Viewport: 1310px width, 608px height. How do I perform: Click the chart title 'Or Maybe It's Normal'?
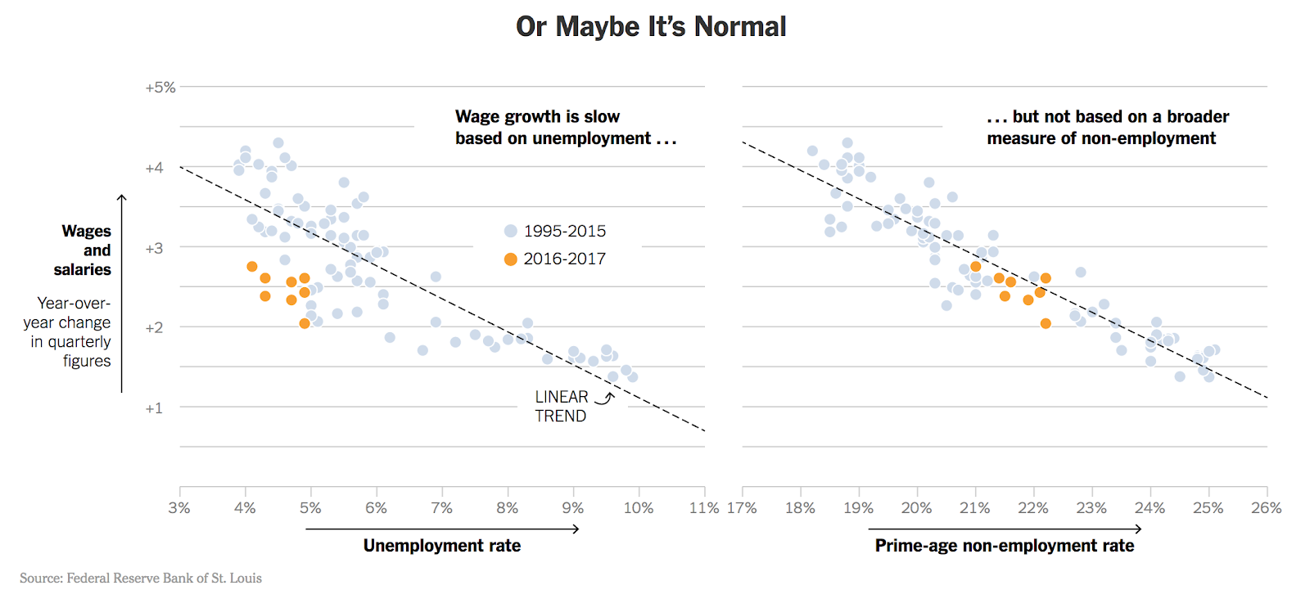651,27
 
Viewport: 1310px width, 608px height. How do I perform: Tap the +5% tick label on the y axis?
160,88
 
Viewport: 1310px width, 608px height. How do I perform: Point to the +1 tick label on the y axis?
154,408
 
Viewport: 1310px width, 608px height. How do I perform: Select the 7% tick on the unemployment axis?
441,508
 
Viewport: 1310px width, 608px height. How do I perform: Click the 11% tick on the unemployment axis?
704,508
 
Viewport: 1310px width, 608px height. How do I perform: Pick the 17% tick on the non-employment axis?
742,508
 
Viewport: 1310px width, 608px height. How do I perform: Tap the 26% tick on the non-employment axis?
1266,508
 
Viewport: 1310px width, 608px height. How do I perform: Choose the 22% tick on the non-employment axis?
1033,508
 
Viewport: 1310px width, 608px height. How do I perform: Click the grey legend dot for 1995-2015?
511,232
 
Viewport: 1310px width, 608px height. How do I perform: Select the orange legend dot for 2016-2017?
511,259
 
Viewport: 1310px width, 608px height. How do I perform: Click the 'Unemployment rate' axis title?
442,546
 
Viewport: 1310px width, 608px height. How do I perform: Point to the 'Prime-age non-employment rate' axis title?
1005,546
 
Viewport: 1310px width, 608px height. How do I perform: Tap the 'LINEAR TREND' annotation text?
561,407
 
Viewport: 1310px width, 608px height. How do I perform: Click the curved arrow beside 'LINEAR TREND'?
605,399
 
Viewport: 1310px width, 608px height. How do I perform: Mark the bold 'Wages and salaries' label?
84,250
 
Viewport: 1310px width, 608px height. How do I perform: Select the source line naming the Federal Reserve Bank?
141,579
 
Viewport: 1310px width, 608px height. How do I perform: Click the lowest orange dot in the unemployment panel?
305,323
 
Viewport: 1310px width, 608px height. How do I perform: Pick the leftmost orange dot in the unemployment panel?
252,267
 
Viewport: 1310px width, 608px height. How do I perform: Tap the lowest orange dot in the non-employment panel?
1046,323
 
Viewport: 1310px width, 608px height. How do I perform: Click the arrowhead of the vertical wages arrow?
122,197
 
